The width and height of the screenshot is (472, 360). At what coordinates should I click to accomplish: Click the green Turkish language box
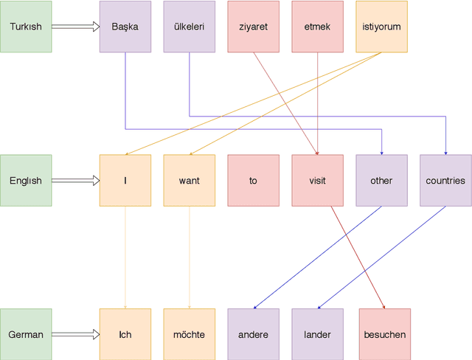(x=26, y=27)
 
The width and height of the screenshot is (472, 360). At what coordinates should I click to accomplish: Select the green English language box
(x=26, y=180)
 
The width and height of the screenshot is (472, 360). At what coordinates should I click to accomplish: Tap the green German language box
(x=26, y=334)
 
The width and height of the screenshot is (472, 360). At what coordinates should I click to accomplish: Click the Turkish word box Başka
(x=125, y=27)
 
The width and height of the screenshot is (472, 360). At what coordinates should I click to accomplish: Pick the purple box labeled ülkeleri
(x=190, y=27)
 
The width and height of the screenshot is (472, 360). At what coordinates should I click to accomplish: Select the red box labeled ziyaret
(x=253, y=27)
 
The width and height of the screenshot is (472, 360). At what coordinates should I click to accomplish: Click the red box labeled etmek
(x=317, y=27)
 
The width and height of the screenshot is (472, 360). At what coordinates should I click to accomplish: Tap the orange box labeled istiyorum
(x=381, y=27)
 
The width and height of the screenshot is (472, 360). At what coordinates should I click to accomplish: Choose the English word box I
(x=125, y=180)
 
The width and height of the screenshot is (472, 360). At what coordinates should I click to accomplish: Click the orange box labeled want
(x=190, y=180)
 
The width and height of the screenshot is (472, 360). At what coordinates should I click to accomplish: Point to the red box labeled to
(x=253, y=180)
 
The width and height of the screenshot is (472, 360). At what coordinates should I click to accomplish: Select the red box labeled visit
(x=317, y=180)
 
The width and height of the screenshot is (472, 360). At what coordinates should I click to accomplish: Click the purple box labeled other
(x=381, y=180)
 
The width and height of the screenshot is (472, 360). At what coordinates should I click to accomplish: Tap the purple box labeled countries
(x=445, y=180)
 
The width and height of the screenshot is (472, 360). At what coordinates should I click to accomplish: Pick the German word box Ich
(x=125, y=334)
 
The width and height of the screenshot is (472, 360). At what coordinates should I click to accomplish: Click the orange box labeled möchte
(x=190, y=334)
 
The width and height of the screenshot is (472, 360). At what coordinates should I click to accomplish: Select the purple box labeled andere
(x=253, y=334)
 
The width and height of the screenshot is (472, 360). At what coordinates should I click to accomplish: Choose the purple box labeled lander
(x=317, y=334)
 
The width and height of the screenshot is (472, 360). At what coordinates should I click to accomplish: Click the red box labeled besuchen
(x=384, y=334)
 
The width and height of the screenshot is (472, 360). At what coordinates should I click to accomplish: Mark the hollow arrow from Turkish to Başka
(x=75, y=27)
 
